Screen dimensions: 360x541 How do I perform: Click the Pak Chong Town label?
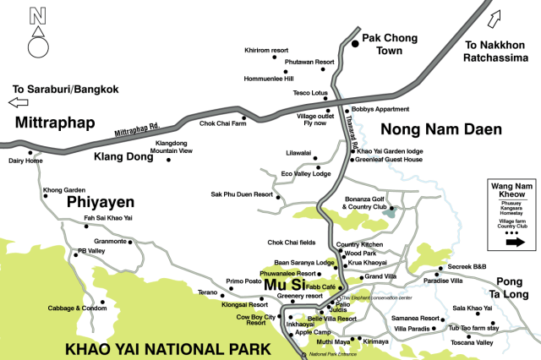pos(390,45)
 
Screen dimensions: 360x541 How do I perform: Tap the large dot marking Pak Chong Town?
pos(354,45)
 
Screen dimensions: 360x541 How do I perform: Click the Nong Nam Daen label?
pos(441,129)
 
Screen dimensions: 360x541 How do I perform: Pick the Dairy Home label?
pos(25,161)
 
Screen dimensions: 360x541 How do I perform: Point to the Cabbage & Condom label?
pos(78,308)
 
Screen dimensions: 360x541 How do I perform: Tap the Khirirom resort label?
pos(266,50)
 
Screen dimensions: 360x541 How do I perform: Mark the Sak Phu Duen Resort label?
pos(243,194)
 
